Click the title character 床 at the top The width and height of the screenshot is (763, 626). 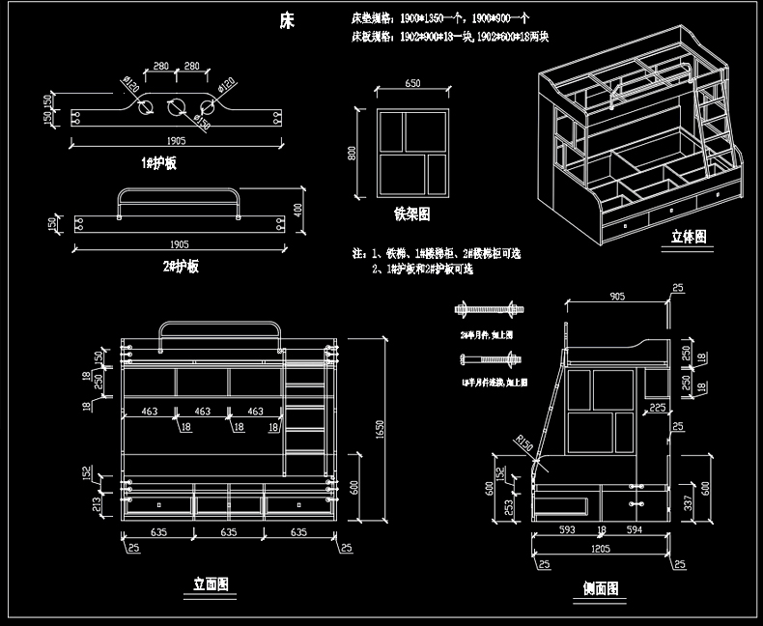[287, 19]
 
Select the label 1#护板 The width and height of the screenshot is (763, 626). [158, 163]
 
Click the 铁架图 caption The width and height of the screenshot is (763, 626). [411, 213]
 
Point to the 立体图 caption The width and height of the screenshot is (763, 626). [689, 236]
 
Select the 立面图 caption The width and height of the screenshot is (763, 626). [211, 583]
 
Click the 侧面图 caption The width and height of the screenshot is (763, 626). [601, 587]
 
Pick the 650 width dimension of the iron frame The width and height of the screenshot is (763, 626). [412, 84]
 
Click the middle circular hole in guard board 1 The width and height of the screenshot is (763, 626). [175, 106]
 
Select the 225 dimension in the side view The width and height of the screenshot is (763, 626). [657, 408]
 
